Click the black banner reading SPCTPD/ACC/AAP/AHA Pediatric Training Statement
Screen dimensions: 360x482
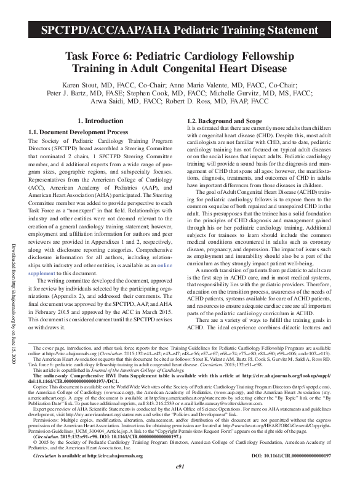[x=180, y=30]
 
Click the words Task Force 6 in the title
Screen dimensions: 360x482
[x=103, y=55]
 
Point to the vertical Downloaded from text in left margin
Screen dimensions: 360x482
[x=12, y=235]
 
